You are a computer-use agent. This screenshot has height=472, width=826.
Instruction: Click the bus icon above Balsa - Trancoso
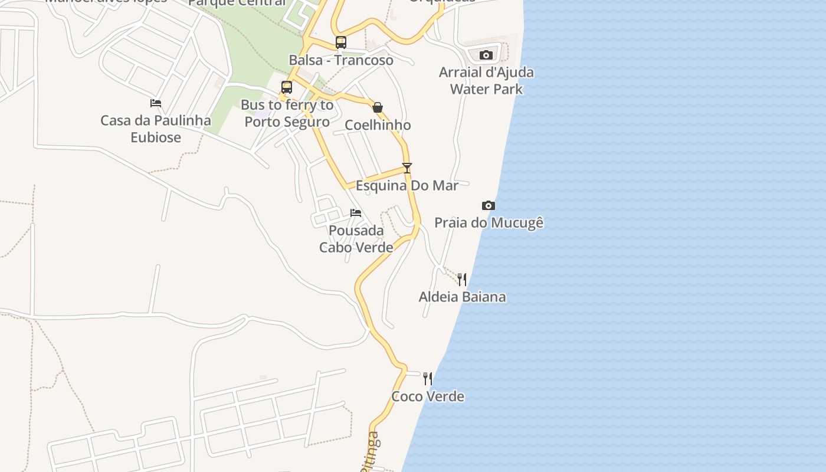click(341, 42)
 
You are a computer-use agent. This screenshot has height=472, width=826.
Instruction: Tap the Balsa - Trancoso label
click(341, 60)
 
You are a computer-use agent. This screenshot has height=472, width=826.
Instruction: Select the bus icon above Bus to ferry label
click(287, 87)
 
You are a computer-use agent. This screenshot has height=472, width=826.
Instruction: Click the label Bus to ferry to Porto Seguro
click(287, 113)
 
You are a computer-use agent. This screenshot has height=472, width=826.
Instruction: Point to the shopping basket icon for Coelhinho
click(378, 107)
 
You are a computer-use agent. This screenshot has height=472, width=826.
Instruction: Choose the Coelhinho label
click(378, 125)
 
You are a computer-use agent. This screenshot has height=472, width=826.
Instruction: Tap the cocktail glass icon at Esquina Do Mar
click(407, 168)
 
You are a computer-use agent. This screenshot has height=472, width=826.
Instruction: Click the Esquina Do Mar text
click(407, 186)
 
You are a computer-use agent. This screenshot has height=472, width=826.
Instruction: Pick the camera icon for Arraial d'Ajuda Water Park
click(486, 55)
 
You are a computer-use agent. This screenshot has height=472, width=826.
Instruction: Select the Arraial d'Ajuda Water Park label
click(486, 81)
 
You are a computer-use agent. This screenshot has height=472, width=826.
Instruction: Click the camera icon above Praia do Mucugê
click(489, 205)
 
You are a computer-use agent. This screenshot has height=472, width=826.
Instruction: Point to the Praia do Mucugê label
click(489, 223)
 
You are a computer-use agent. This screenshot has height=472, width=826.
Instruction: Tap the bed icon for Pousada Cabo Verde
click(356, 213)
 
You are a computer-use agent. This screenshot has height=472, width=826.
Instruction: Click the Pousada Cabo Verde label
click(356, 239)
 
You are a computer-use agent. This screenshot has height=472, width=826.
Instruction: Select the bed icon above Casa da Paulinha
click(156, 103)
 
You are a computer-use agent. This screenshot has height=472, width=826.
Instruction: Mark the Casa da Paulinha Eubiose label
click(156, 129)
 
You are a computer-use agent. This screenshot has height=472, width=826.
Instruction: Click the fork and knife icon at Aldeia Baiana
click(463, 279)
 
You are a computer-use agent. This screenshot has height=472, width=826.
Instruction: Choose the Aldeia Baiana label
click(463, 297)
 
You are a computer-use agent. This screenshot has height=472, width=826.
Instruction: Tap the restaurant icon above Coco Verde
click(428, 379)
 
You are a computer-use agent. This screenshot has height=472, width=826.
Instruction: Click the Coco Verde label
click(428, 396)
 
